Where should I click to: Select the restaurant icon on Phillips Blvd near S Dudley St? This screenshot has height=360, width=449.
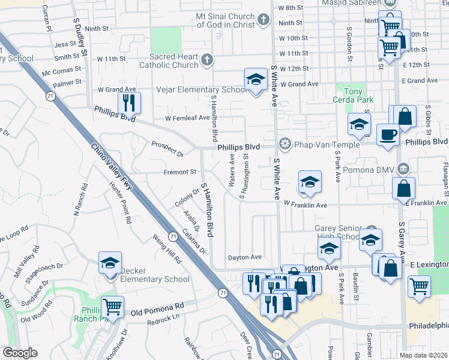click(129, 103)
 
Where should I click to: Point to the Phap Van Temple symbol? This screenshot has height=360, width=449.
click(285, 144)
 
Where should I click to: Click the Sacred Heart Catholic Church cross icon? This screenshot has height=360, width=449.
click(207, 60)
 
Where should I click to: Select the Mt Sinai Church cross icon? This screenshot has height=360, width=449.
click(262, 20)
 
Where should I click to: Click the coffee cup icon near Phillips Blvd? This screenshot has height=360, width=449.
click(388, 134)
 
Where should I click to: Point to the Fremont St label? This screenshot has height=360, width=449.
click(181, 172)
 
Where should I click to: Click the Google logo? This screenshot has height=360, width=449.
click(20, 353)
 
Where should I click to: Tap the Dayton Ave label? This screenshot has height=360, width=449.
click(244, 257)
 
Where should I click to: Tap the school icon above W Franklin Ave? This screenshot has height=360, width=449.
click(310, 182)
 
